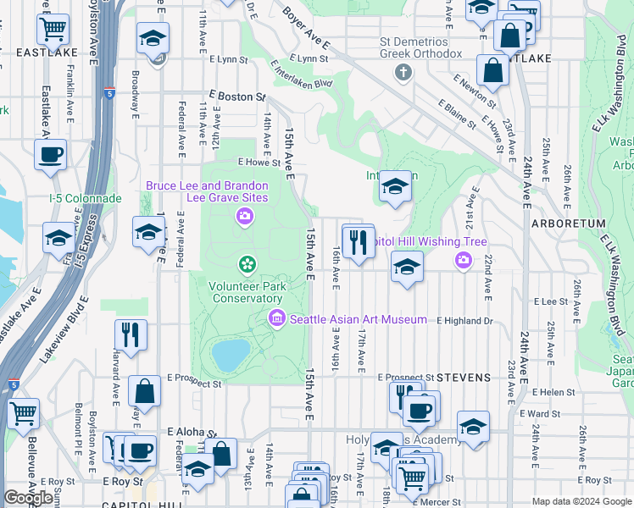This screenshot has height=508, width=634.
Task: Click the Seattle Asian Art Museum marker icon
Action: coord(277,319)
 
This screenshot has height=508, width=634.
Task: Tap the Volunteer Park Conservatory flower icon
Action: coord(247,266)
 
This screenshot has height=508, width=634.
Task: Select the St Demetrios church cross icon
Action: coord(403,73)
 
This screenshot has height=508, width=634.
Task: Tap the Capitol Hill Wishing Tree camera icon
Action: coord(463,260)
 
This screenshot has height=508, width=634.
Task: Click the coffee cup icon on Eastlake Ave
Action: coord(50,155)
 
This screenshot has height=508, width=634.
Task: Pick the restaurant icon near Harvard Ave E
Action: coord(131,334)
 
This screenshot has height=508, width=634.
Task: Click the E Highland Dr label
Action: coord(464,321)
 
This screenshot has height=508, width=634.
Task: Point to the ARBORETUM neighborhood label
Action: coord(568,224)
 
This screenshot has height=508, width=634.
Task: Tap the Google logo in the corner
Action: coord(28,498)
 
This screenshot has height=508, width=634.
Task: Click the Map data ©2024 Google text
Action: coord(581,501)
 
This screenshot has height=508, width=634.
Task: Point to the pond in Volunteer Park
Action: coord(231,356)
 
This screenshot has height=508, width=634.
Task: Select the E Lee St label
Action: coord(550,301)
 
